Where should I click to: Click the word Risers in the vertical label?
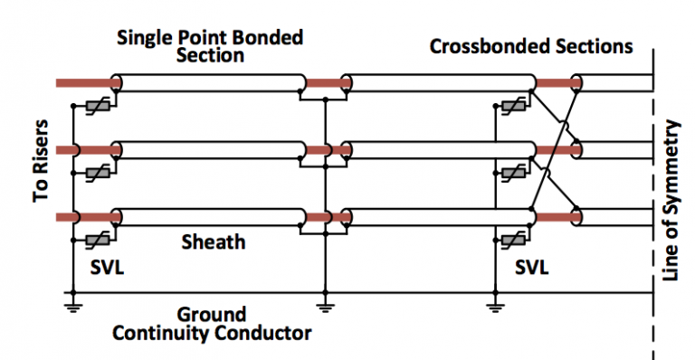(41, 155)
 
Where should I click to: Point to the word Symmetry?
(671, 165)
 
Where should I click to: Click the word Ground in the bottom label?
(211, 315)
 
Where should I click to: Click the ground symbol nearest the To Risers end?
(70, 306)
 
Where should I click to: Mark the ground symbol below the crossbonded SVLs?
(495, 306)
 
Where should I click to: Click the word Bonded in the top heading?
(268, 38)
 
